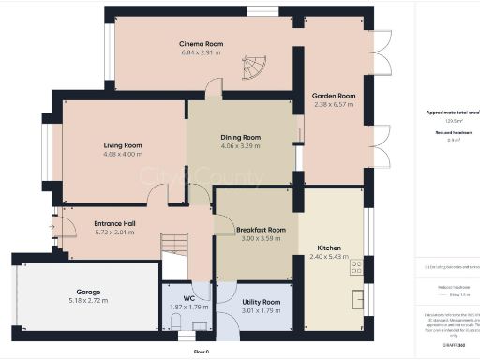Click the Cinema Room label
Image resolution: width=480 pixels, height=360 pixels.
201,44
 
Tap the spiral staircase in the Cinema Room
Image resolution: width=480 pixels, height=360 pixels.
254,67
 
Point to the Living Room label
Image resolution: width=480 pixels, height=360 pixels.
122,145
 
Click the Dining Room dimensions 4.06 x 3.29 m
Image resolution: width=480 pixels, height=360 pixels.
240,146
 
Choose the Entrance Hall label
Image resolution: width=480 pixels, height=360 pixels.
115,223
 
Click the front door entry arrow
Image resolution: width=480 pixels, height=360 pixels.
52,225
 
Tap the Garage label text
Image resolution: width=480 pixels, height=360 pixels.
88,292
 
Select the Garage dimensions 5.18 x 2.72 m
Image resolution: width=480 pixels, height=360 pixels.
88,301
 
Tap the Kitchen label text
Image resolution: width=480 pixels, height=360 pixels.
328,248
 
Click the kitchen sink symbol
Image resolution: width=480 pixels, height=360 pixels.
356,302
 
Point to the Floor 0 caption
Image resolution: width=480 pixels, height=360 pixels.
201,352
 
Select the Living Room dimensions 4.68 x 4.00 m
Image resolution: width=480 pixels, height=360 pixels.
122,155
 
